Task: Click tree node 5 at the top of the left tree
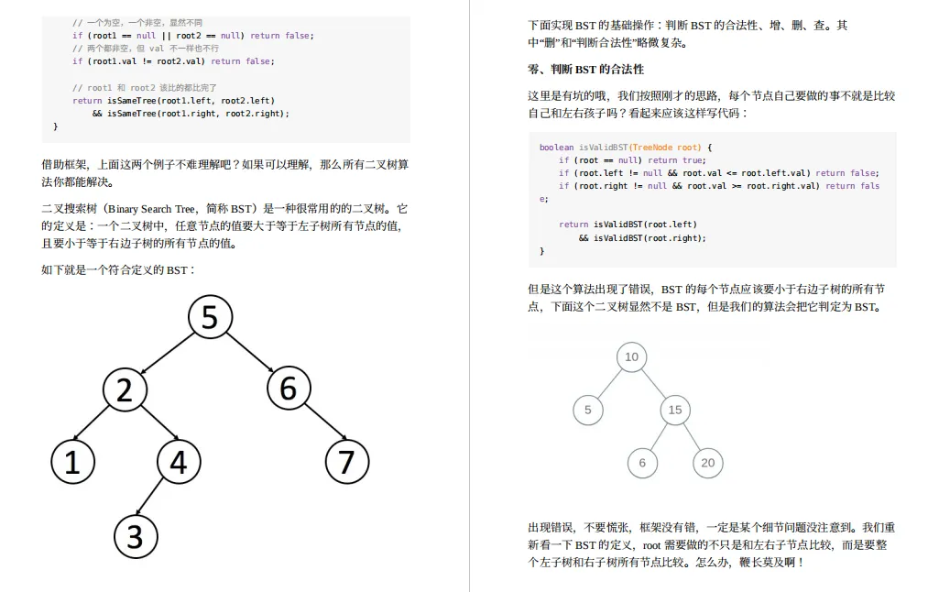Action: click(210, 317)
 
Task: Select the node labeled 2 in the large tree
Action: click(125, 389)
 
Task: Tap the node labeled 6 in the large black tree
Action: click(289, 389)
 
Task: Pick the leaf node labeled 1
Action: click(72, 462)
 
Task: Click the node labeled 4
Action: click(179, 462)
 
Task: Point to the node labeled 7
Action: click(346, 462)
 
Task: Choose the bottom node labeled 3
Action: click(136, 535)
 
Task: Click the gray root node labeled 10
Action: click(631, 356)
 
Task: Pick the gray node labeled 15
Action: click(675, 410)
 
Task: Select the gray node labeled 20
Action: click(707, 463)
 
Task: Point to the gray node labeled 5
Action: click(588, 410)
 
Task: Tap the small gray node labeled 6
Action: click(642, 463)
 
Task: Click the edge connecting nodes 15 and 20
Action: click(692, 436)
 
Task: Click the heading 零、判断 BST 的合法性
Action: click(585, 70)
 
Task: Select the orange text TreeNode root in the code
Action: click(665, 148)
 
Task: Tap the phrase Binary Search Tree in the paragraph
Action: click(151, 209)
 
